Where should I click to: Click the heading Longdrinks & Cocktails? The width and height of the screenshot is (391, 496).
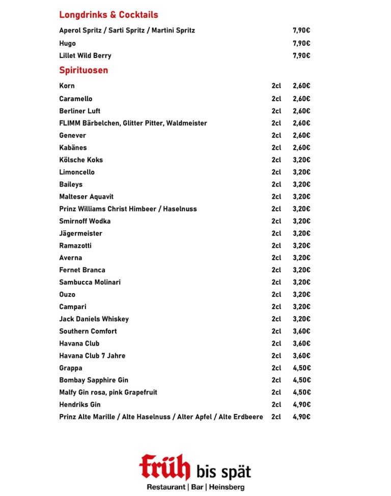108,15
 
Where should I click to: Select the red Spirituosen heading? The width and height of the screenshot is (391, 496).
83,70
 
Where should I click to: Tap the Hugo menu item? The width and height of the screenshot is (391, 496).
67,43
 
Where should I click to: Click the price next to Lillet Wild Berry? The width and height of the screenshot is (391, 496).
301,55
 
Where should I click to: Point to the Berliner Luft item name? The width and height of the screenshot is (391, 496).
79,111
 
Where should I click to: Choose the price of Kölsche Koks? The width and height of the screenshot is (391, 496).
301,160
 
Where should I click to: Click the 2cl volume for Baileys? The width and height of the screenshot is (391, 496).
276,184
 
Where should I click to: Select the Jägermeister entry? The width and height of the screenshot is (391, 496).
80,233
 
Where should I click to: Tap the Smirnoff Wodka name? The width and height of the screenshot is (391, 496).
85,221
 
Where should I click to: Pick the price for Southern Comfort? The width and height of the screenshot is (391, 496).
301,331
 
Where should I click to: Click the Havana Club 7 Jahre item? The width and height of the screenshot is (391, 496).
92,355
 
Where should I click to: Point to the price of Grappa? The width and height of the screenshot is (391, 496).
301,368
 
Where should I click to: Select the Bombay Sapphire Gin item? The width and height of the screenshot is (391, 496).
94,380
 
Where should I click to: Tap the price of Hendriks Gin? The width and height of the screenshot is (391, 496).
301,405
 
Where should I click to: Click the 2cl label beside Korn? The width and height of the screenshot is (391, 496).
276,86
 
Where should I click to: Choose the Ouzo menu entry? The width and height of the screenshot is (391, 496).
67,294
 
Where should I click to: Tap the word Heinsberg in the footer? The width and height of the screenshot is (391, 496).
226,487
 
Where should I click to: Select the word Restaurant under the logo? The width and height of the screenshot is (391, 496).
166,487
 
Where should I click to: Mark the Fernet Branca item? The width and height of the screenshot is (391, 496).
82,270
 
